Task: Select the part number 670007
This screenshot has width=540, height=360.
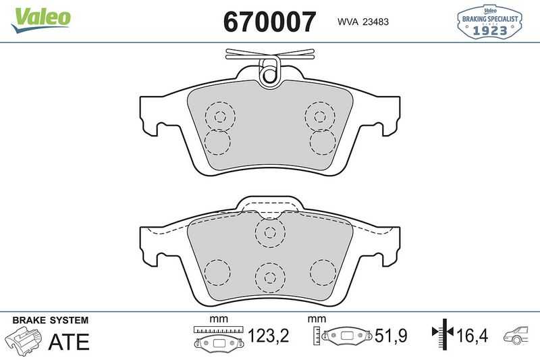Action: pyautogui.click(x=269, y=22)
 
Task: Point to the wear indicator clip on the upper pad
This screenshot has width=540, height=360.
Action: pyautogui.click(x=270, y=68)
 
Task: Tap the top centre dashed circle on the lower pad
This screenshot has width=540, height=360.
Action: pyautogui.click(x=269, y=233)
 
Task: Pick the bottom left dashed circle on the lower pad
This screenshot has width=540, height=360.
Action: pyautogui.click(x=217, y=272)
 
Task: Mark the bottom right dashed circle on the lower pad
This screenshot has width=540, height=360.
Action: pyautogui.click(x=322, y=272)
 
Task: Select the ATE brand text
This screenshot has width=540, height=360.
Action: pyautogui.click(x=68, y=342)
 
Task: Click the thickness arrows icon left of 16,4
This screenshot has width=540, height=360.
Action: pyautogui.click(x=441, y=334)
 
